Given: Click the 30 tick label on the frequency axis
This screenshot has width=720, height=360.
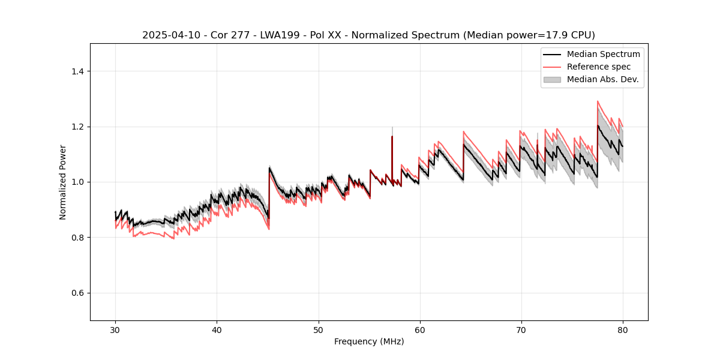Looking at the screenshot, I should tap(115, 329).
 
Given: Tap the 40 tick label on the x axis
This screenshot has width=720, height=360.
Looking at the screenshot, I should tap(217, 329).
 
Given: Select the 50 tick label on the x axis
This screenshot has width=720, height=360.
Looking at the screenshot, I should tap(318, 329).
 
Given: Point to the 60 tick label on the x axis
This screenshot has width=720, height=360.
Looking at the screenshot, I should tap(419, 329).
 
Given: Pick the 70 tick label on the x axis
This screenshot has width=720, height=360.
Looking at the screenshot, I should tap(521, 329).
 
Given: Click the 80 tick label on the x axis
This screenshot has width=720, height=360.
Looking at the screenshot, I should tap(622, 329).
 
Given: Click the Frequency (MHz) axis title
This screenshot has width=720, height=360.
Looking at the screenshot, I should tap(369, 341).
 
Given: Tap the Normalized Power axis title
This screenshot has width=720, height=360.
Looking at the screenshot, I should tap(63, 182).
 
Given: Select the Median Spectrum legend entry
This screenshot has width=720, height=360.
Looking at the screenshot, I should tap(603, 54).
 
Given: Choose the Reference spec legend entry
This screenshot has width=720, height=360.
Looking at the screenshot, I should tap(599, 67).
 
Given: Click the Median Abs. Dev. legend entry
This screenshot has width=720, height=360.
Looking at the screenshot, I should tap(602, 79).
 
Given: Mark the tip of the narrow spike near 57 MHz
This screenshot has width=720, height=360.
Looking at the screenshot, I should tap(392, 136).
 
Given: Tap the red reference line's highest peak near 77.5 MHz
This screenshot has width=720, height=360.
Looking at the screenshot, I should tap(598, 101).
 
